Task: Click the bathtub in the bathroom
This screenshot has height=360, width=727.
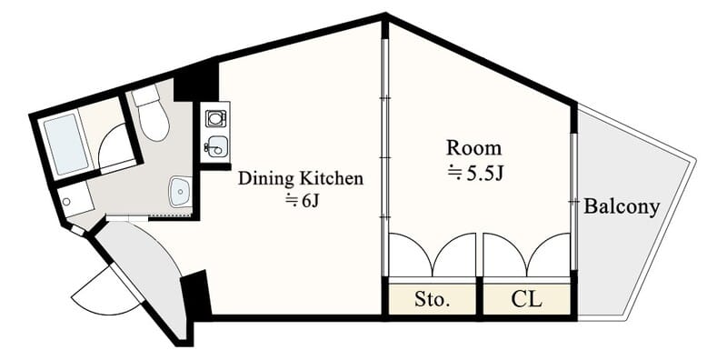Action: (65, 145)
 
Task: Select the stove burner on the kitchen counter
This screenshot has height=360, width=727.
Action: (214, 118)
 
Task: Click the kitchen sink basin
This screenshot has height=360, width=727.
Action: (215, 146)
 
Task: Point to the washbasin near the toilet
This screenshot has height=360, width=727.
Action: (180, 192)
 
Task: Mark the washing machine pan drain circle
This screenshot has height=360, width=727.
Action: (66, 202)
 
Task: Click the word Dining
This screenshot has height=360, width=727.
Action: (265, 178)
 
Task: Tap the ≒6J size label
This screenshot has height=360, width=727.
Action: (302, 201)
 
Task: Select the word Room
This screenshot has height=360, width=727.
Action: (473, 148)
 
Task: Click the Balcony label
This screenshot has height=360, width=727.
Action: (622, 207)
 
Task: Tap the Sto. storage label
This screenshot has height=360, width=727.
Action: (433, 300)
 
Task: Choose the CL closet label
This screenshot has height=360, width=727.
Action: (526, 300)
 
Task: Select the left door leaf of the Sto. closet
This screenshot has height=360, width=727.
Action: (411, 255)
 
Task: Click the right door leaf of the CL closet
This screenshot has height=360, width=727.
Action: (549, 255)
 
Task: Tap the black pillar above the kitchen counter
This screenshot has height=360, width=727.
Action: (196, 80)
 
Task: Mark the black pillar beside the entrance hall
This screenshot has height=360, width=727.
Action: (196, 296)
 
